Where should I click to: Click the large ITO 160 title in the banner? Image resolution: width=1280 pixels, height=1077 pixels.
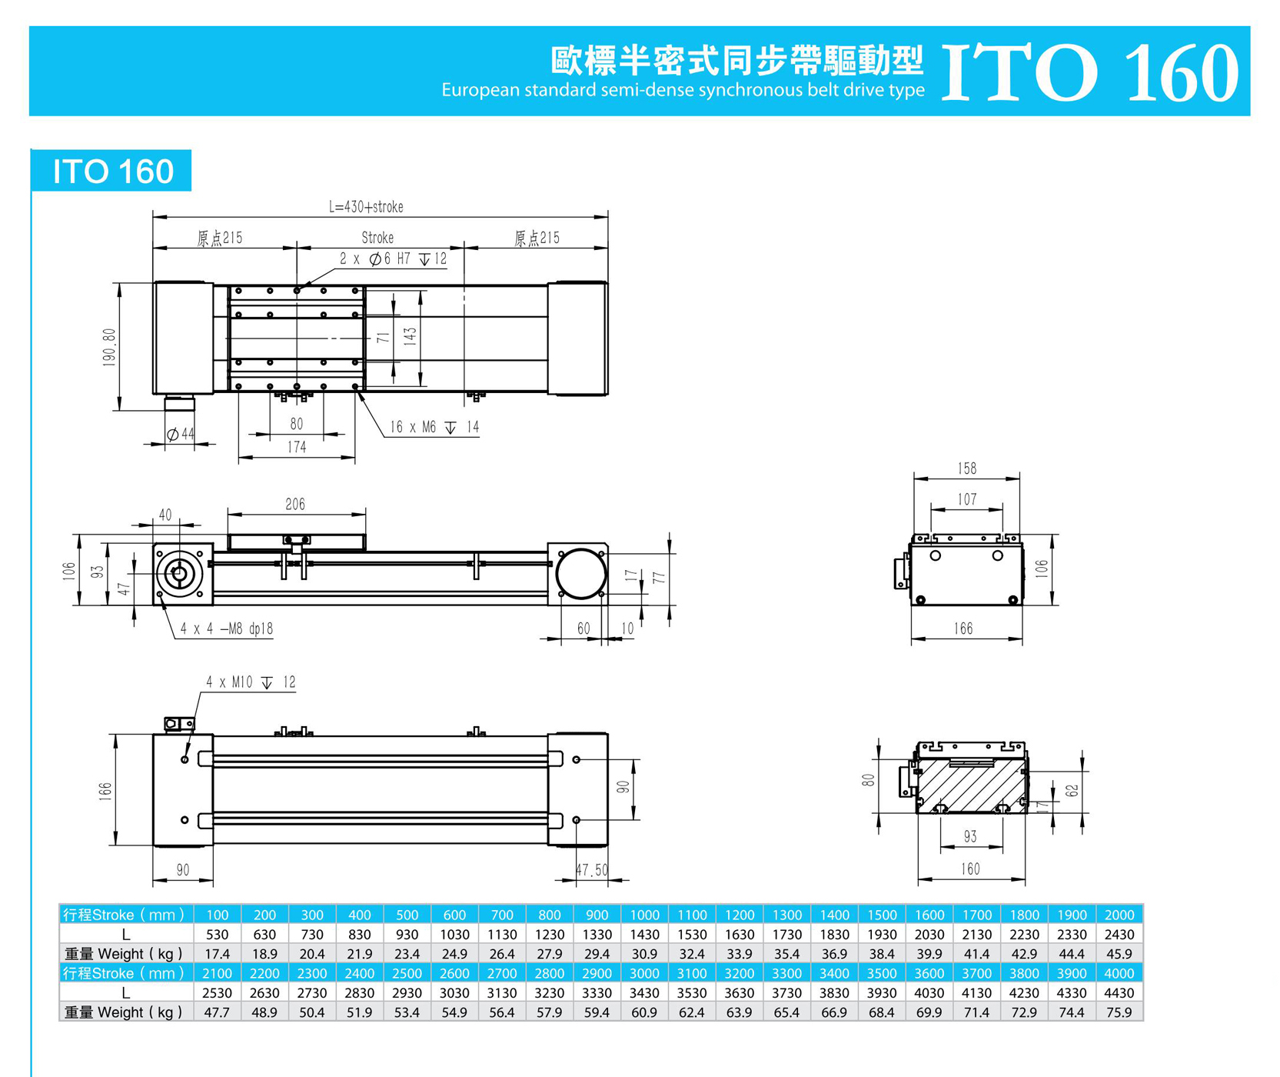pos(1089,72)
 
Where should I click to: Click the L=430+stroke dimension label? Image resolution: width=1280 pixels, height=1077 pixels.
pos(366,207)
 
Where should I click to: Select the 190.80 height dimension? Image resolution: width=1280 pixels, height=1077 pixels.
pos(109,347)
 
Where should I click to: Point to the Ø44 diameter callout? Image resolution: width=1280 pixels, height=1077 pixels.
pos(181,435)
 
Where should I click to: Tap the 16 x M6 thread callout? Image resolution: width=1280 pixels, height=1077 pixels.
pos(434,427)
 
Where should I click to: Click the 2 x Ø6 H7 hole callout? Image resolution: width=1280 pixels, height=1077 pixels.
pos(393,259)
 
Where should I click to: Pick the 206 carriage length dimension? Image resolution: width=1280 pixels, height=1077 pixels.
pos(295,505)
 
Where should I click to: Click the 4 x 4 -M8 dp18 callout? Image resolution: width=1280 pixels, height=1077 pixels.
pos(227,629)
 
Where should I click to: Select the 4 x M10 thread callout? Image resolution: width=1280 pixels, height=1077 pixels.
pos(251,682)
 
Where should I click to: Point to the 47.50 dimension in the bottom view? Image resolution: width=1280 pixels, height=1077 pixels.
pos(593,870)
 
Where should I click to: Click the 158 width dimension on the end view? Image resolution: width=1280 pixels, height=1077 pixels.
pos(967,468)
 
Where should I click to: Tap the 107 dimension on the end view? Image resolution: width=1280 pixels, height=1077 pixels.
pos(967,500)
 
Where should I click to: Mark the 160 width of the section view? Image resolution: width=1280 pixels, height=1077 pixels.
pos(970,869)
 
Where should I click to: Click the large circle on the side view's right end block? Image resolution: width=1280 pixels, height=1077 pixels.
pos(580,574)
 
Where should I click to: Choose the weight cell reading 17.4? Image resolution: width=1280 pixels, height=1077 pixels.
pos(217,954)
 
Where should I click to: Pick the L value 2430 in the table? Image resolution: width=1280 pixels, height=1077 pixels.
pos(1119,935)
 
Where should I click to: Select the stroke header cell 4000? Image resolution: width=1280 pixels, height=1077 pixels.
pos(1119,973)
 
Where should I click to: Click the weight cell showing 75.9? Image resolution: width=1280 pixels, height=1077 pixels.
pos(1119,1012)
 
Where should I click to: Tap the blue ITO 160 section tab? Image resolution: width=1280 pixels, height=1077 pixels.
pos(112,171)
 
